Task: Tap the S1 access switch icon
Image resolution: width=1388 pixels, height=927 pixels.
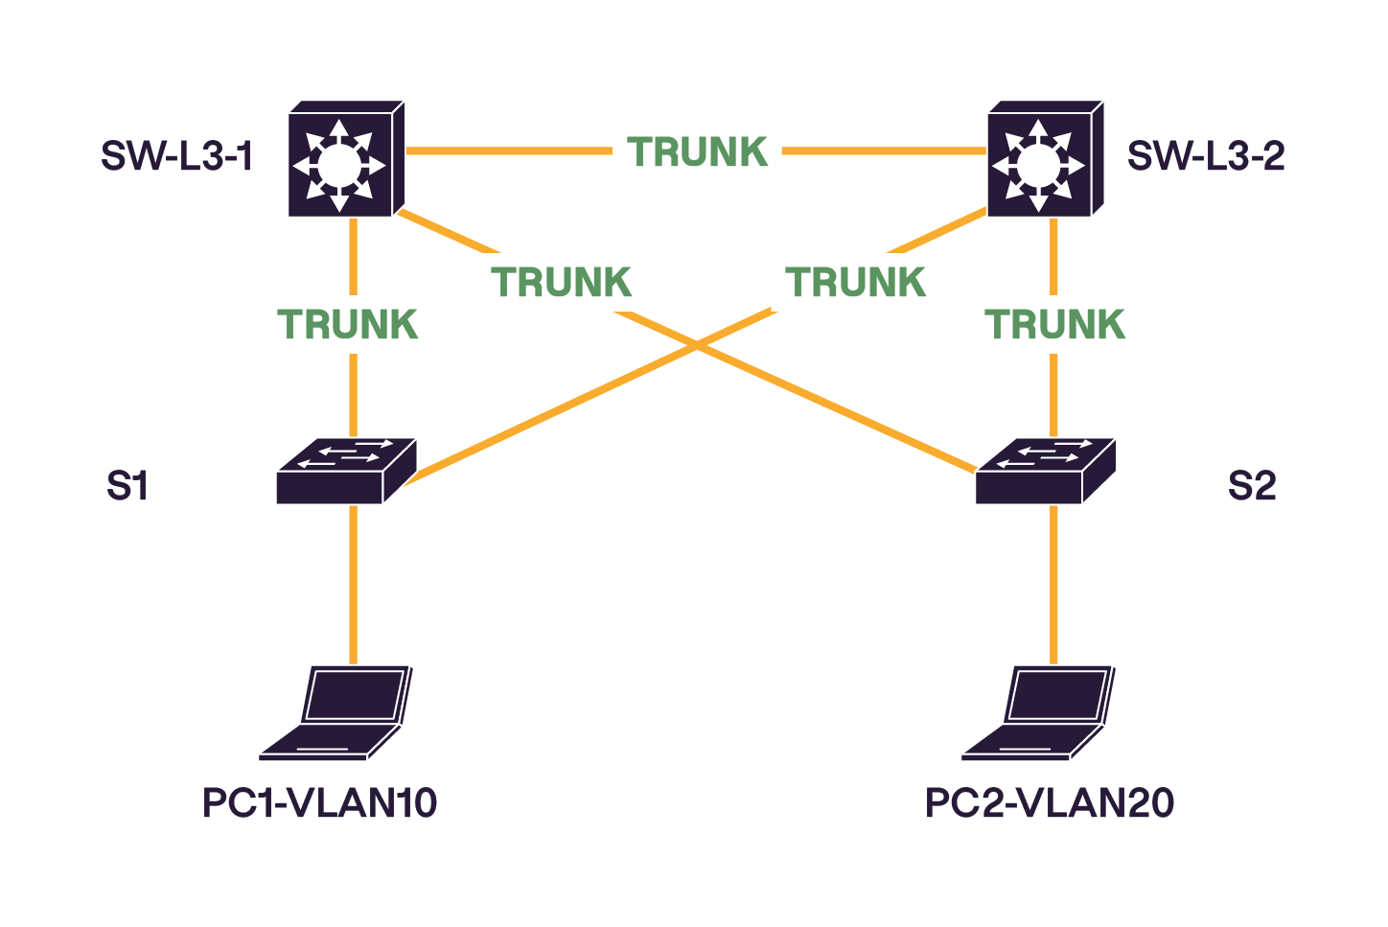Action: point(346,471)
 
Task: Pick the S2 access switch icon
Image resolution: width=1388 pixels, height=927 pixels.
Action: point(1046,471)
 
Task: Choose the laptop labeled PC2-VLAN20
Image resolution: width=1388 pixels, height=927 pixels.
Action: point(1039,713)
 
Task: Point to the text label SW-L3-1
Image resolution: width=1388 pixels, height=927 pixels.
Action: point(177,155)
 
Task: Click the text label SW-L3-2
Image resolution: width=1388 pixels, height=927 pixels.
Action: point(1206,155)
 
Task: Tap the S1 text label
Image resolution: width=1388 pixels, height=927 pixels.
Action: point(127,486)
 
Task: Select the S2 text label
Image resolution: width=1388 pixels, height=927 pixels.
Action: point(1252,486)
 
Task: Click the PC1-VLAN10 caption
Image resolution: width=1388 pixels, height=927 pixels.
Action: point(319,802)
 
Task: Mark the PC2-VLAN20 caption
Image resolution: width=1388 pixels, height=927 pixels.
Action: point(1049,802)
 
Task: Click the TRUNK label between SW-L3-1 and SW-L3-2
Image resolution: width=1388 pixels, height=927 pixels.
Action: point(698,151)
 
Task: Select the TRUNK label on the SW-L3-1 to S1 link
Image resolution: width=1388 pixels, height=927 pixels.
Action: point(348,325)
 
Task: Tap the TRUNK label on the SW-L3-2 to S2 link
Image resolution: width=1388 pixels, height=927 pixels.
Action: point(1054,325)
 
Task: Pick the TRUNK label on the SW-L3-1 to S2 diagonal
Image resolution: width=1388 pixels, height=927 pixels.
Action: point(562,282)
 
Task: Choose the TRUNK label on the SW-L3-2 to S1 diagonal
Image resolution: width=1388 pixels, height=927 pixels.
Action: point(855,282)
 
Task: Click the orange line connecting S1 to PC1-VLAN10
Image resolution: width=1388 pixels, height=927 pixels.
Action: point(354,585)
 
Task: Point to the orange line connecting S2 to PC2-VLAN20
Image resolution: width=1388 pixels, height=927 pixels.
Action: point(1053,585)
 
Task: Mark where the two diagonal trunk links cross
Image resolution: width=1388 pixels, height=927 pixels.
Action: point(698,348)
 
